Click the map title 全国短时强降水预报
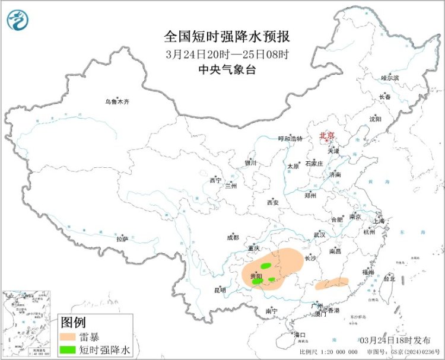pyautogui.click(x=227, y=37)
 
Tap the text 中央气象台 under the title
pyautogui.click(x=227, y=69)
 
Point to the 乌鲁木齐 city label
pyautogui.click(x=117, y=102)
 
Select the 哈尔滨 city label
pyautogui.click(x=390, y=78)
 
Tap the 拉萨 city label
pyautogui.click(x=122, y=239)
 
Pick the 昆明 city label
pyautogui.click(x=220, y=290)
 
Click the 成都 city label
pyautogui.click(x=233, y=237)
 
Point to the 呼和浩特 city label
pyautogui.click(x=290, y=139)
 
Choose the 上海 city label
pyautogui.click(x=378, y=221)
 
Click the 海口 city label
pyautogui.click(x=300, y=335)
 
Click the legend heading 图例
pyautogui.click(x=72, y=323)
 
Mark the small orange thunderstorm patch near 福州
pyautogui.click(x=332, y=284)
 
